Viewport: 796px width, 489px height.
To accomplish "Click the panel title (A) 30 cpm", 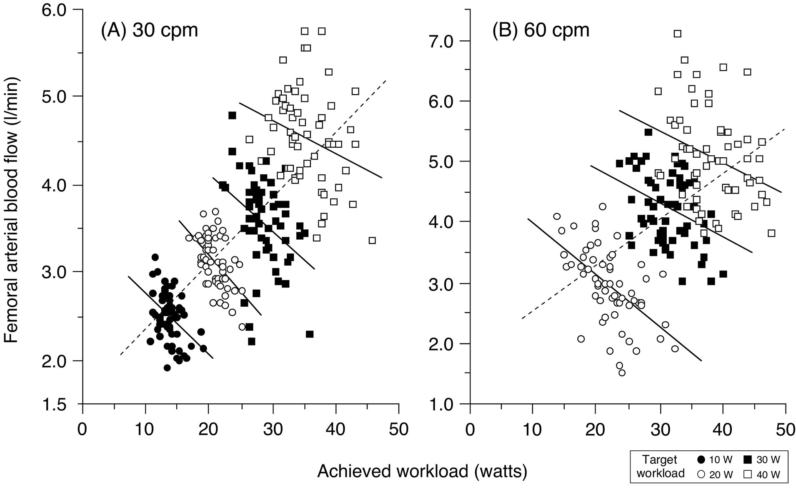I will pos(149,30).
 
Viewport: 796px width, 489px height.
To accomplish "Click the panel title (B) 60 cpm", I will pos(541,30).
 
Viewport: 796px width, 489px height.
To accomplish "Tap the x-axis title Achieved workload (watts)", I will pos(422,471).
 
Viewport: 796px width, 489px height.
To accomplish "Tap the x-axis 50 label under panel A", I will pos(399,429).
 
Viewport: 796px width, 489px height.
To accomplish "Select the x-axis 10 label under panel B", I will pos(533,429).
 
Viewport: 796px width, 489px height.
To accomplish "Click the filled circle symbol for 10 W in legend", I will pos(701,459).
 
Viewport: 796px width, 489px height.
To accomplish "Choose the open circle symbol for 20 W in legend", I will pos(701,474).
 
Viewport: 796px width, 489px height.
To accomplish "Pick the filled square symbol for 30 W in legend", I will pos(748,459).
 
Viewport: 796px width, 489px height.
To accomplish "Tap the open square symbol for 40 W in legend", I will pos(748,474).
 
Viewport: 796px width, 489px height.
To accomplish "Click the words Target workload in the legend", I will pos(661,467).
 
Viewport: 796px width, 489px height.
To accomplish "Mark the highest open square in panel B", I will pos(677,33).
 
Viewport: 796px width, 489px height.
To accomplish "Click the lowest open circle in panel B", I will pos(622,372).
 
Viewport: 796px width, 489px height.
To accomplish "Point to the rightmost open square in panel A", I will pos(372,241).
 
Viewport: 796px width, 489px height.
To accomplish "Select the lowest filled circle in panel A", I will pos(167,367).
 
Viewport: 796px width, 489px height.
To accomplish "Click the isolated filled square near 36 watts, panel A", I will pos(309,334).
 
